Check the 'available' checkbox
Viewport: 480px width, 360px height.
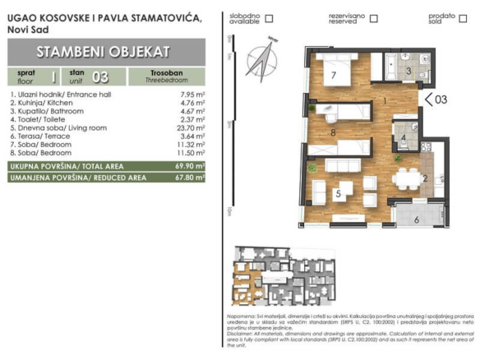tap(269, 17)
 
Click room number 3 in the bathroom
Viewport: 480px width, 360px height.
tap(408, 72)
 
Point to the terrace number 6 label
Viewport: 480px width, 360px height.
tap(416, 219)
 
